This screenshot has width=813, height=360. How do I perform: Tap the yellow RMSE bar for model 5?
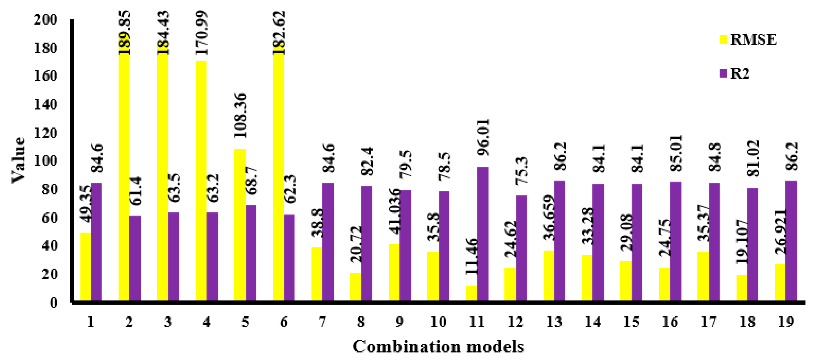240,224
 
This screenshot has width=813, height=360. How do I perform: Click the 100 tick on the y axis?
46,161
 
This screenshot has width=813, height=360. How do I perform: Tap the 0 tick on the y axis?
54,302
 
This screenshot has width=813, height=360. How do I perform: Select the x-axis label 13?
554,322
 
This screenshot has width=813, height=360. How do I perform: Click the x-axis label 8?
361,322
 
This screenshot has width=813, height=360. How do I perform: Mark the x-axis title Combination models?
438,346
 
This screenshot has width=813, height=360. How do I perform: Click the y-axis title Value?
18,160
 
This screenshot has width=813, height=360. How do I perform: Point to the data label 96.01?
483,137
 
